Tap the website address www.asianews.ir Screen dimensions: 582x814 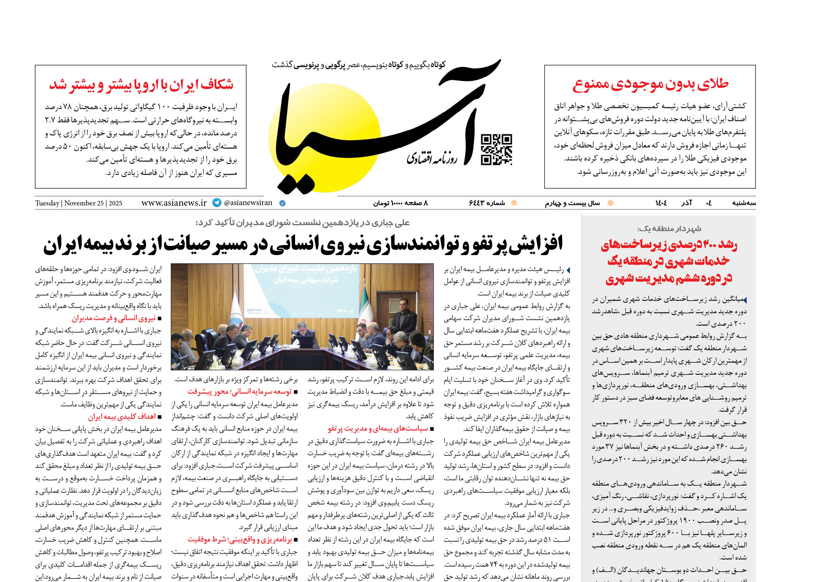pyautogui.click(x=174, y=203)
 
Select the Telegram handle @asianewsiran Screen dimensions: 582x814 pyautogui.click(x=248, y=203)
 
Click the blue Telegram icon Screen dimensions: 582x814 pyautogui.click(x=217, y=203)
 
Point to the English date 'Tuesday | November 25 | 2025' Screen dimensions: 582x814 pyautogui.click(x=79, y=203)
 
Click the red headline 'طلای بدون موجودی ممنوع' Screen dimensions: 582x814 pyautogui.click(x=650, y=84)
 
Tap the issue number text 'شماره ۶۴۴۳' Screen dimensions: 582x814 pyautogui.click(x=487, y=203)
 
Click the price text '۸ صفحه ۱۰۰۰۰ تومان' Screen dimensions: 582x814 pyautogui.click(x=401, y=203)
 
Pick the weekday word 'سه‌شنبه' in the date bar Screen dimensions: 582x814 pyautogui.click(x=743, y=203)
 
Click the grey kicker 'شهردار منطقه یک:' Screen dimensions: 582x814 pyautogui.click(x=669, y=229)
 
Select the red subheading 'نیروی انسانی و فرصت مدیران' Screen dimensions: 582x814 pyautogui.click(x=114, y=318)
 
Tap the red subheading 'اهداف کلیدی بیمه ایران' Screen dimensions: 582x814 pyautogui.click(x=122, y=417)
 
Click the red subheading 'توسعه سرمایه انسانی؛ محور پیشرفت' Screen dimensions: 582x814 pyautogui.click(x=240, y=392)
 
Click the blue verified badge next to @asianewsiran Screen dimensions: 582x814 pyautogui.click(x=282, y=203)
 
